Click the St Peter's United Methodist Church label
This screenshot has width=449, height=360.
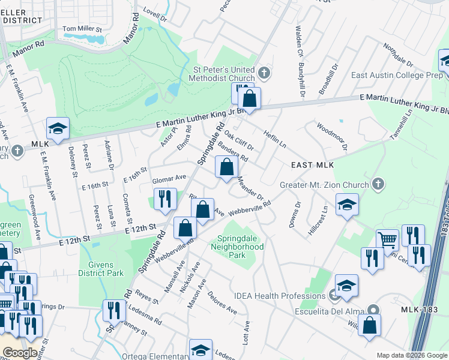221,74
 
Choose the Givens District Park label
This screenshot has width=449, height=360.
101,268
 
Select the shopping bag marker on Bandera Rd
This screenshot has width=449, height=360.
226,168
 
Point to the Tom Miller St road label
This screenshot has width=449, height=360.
82,29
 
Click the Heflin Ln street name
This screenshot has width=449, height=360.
274,139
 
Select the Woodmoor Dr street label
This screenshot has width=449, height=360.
332,137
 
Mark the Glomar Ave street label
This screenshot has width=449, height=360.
169,178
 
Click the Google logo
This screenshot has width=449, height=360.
19,353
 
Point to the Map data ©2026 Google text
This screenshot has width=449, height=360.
411,355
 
